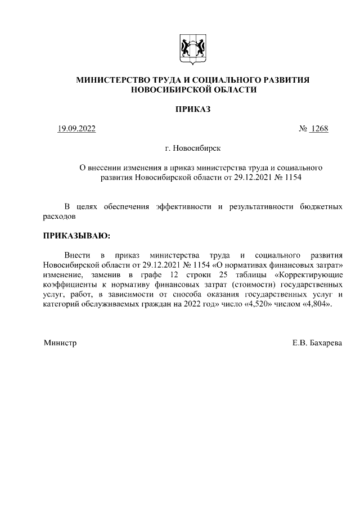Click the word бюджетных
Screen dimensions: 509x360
322,206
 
